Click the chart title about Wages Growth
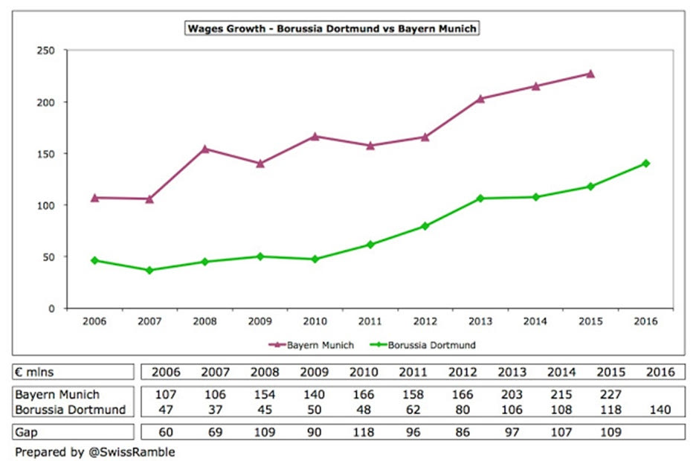tap(332, 29)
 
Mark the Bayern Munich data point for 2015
tap(590, 74)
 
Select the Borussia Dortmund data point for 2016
tap(645, 164)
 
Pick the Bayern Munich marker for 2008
tap(204, 149)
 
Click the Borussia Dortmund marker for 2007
tap(149, 270)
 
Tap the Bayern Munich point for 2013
tap(480, 98)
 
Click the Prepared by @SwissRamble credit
tap(94, 451)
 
